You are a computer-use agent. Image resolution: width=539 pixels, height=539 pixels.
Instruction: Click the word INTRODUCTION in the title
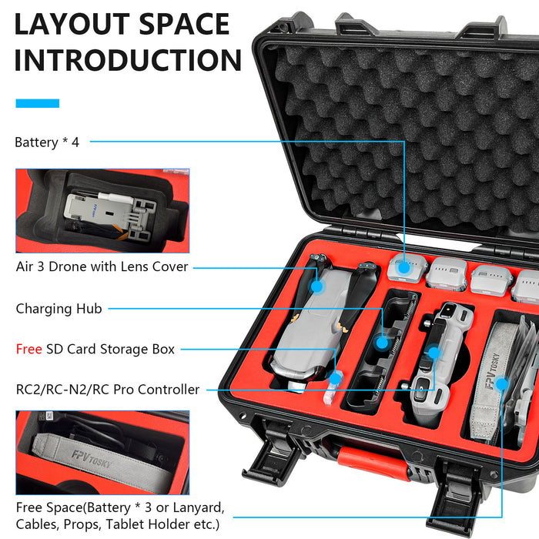pos(128,60)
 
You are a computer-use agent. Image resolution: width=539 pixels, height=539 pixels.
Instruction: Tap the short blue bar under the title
pos(37,103)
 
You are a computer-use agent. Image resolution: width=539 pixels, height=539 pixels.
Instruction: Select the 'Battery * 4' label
pos(47,142)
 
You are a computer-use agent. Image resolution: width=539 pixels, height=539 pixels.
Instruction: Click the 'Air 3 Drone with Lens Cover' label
pos(102,266)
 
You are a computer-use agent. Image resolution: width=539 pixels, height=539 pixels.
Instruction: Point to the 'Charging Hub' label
pos(59,309)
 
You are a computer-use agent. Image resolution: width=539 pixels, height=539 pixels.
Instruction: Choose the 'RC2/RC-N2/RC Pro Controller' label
pos(107,390)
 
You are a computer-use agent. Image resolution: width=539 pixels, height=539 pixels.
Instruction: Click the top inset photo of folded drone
pos(102,211)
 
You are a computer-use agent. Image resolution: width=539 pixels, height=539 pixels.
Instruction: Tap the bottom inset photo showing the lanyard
pos(102,452)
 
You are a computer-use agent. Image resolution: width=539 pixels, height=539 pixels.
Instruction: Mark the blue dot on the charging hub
pos(382,340)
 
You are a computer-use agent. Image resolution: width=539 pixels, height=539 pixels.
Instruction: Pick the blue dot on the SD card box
pos(333,377)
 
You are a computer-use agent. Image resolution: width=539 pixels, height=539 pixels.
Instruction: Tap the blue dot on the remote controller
pos(434,353)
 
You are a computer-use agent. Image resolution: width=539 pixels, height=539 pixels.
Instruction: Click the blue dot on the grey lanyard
pos(501,383)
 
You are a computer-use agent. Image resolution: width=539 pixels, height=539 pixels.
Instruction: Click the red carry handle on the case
pos(370,460)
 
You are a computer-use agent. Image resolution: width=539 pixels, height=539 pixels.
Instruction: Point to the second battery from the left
pos(447,273)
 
